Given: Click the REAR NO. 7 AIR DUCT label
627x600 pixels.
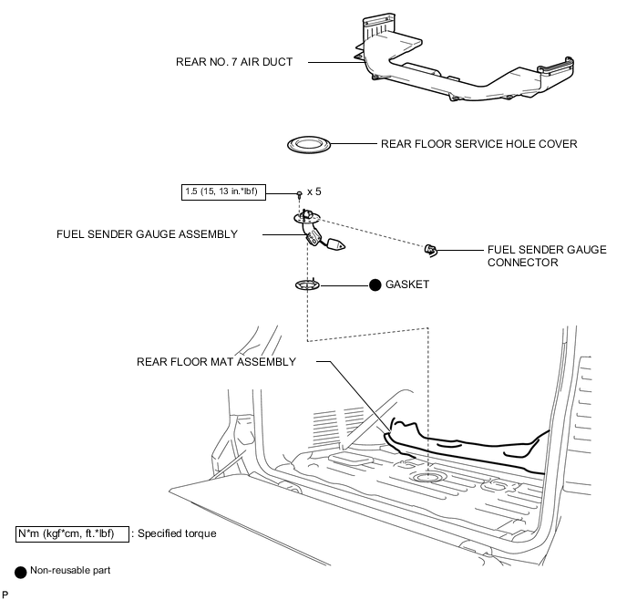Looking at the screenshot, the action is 234,62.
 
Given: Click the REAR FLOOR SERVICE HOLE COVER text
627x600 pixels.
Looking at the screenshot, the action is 478,144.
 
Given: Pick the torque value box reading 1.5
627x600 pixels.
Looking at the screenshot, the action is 223,192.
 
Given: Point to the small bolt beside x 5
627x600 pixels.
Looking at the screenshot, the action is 299,194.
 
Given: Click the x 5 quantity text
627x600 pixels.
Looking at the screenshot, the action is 313,191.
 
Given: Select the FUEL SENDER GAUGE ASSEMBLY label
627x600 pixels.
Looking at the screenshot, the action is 147,234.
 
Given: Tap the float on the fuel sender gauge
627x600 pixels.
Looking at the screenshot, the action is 336,244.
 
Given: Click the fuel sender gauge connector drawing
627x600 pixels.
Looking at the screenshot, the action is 431,251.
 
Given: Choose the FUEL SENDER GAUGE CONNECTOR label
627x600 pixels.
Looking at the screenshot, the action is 547,256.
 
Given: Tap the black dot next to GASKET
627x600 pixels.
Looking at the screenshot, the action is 375,285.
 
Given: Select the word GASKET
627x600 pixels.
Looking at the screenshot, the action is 407,284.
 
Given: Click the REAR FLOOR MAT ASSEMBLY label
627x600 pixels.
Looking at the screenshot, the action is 216,362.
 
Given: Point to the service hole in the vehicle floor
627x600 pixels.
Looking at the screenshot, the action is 427,477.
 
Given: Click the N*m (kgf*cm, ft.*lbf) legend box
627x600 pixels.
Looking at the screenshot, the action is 72,534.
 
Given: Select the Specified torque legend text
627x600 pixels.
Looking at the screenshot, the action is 177,533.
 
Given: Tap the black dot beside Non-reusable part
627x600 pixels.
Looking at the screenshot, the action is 20,572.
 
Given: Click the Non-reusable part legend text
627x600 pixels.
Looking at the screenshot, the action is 70,571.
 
